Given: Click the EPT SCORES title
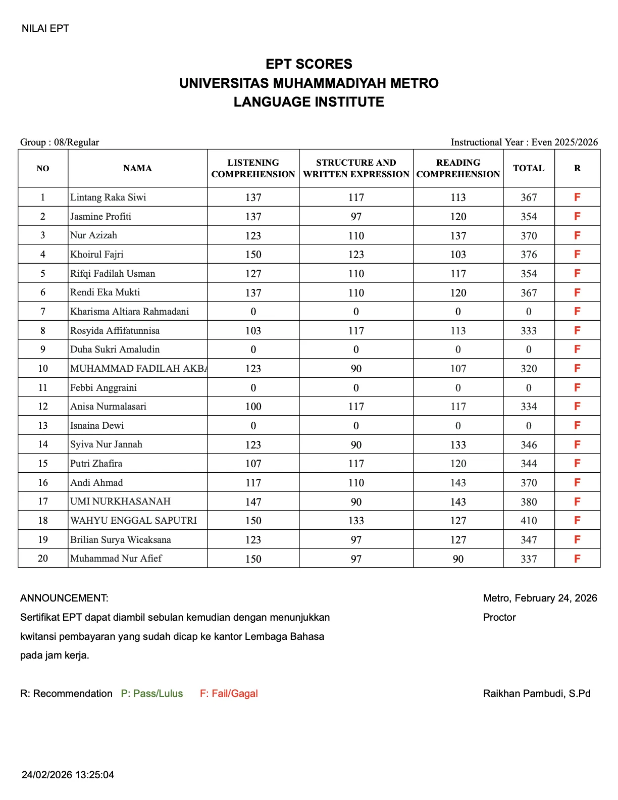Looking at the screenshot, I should [308, 64].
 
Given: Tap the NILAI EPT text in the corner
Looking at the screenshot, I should [45, 28].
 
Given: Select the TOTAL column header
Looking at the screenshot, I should [529, 168].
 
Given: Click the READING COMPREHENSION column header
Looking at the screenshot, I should [458, 168].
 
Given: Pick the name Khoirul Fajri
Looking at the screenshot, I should [97, 254].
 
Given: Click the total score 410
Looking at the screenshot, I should [529, 521].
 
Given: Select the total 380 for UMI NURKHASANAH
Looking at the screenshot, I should [529, 502].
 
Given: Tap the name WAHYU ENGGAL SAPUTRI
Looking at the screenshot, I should [133, 520].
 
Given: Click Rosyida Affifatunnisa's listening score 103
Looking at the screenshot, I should [253, 331].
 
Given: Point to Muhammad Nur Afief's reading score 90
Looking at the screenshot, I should [458, 559].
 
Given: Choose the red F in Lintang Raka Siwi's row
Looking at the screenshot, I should [577, 197].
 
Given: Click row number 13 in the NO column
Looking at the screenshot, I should [43, 425].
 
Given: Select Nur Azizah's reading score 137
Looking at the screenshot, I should [458, 236].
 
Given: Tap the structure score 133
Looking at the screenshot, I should [356, 521].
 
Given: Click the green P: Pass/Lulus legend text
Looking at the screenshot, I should [152, 693].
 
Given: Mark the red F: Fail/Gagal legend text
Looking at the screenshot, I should [229, 693].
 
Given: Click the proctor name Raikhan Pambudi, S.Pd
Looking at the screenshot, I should [537, 693].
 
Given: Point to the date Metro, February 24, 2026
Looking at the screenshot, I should [540, 598].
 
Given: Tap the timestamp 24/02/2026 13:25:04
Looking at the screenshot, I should [68, 775].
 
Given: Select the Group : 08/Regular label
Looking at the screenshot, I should [60, 142].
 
